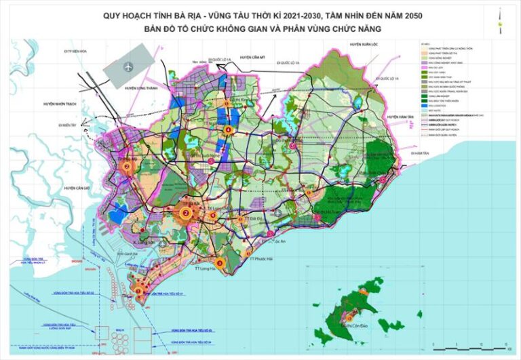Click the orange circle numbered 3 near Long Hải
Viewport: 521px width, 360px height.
[218, 262]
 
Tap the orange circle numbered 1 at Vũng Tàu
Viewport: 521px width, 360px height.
[139, 290]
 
